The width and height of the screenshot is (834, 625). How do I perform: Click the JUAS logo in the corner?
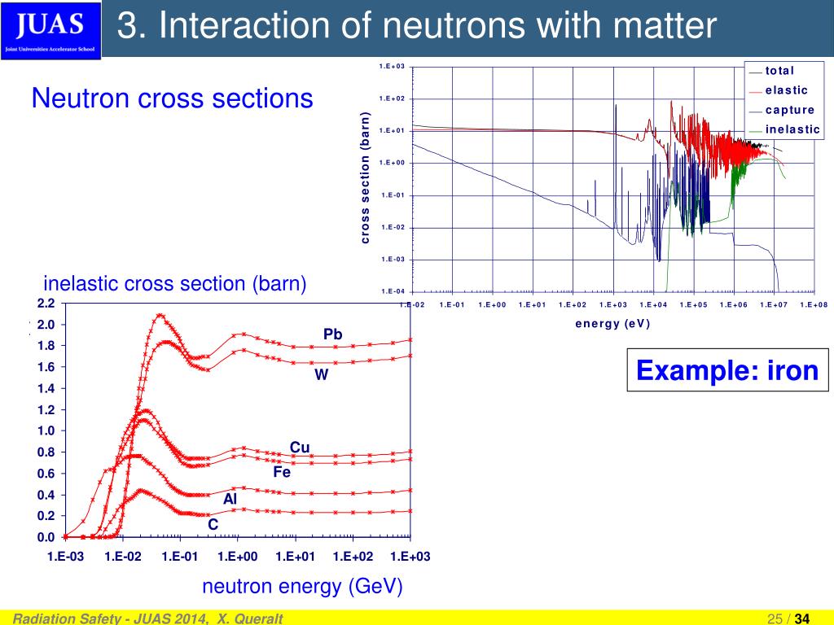50,30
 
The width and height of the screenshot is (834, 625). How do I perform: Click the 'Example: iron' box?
726,370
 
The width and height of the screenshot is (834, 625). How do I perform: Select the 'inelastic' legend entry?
792,129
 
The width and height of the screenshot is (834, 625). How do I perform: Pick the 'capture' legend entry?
789,110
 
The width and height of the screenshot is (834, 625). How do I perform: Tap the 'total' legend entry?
779,71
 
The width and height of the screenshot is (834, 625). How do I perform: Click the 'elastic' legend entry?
786,90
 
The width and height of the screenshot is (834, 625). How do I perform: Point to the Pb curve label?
332,334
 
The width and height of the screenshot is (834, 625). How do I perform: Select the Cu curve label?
300,447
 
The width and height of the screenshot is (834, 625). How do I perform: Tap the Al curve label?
230,499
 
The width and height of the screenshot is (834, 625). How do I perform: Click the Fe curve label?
282,471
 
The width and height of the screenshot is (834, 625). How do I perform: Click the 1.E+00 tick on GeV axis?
237,557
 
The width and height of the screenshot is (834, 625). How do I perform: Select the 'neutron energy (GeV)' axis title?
302,588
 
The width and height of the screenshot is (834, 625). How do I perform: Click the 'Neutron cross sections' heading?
172,98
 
